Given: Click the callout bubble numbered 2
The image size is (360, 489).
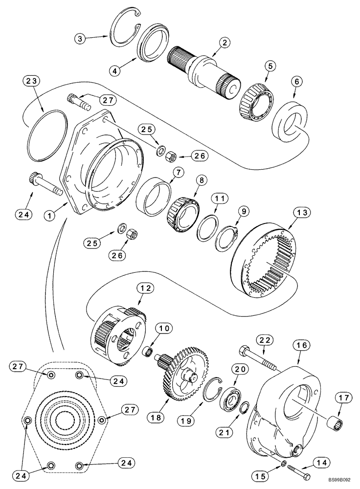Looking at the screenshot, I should [x=225, y=43].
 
